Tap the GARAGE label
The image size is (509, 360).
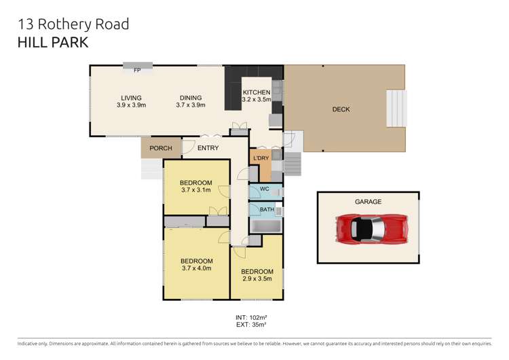click(x=368, y=202)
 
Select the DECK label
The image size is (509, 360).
click(x=341, y=109)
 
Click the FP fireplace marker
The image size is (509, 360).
click(x=137, y=70)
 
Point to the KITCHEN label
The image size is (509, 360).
click(x=257, y=92)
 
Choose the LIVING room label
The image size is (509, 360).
click(x=131, y=98)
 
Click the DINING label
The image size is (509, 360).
click(x=190, y=98)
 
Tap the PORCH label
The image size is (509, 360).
click(x=161, y=148)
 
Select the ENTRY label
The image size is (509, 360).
click(x=208, y=148)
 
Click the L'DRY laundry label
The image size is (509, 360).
click(x=261, y=159)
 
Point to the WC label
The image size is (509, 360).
click(x=264, y=189)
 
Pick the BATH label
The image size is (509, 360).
click(x=267, y=210)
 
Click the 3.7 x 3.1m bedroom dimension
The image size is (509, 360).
click(x=196, y=190)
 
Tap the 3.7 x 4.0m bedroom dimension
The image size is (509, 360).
click(x=196, y=268)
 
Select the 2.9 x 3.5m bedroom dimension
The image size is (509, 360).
click(x=257, y=278)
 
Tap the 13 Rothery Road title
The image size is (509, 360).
click(x=73, y=25)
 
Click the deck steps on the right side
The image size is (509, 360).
click(x=396, y=109)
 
